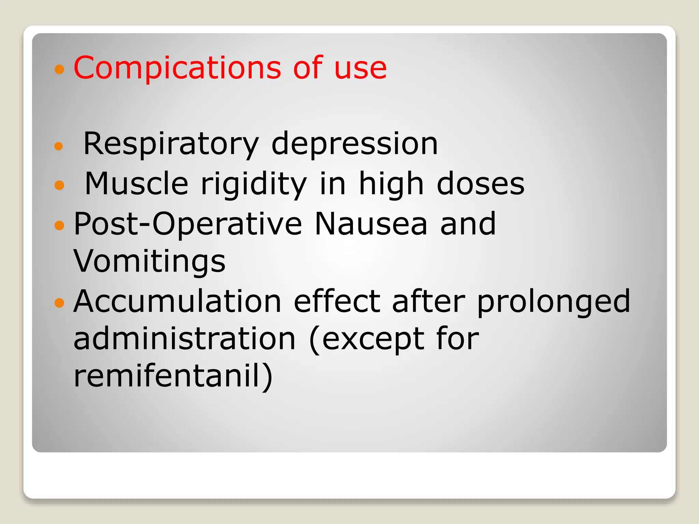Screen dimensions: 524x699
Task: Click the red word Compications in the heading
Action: click(x=177, y=68)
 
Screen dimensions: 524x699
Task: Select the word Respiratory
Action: click(x=171, y=144)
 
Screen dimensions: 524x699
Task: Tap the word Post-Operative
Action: click(x=188, y=224)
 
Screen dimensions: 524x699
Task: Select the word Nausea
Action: click(x=371, y=224)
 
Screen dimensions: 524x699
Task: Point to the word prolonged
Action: click(x=553, y=302)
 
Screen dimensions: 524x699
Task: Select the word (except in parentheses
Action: click(x=367, y=339)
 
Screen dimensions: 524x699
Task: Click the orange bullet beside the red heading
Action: click(x=59, y=70)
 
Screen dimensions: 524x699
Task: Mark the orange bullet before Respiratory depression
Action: click(x=59, y=146)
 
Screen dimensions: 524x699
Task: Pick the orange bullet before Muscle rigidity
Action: click(x=59, y=185)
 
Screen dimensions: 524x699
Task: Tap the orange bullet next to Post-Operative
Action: click(x=59, y=225)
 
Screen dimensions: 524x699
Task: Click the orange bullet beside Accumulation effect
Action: click(x=59, y=303)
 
